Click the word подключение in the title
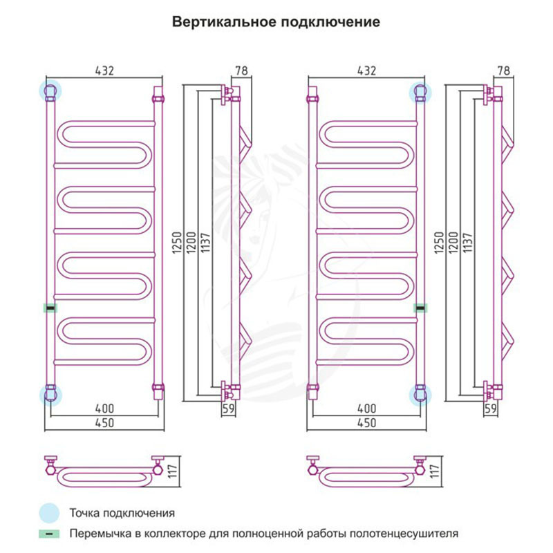click(x=330, y=22)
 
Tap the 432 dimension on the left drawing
click(x=105, y=71)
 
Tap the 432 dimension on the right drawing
click(x=367, y=71)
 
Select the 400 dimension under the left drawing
click(x=105, y=409)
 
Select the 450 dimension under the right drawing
click(x=367, y=422)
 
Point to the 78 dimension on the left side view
click(x=241, y=71)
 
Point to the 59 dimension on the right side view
click(x=491, y=409)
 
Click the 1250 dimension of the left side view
click(x=177, y=243)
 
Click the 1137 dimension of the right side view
click(x=467, y=243)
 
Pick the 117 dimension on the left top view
click(x=172, y=471)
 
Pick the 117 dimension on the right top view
click(x=435, y=471)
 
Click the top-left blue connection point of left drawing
click(x=50, y=91)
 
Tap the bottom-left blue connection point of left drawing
click(x=50, y=395)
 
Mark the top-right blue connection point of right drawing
click(x=420, y=93)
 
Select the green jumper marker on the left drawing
click(x=50, y=308)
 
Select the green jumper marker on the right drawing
click(x=420, y=308)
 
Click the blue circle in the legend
click(x=49, y=513)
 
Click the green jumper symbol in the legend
click(x=49, y=534)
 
